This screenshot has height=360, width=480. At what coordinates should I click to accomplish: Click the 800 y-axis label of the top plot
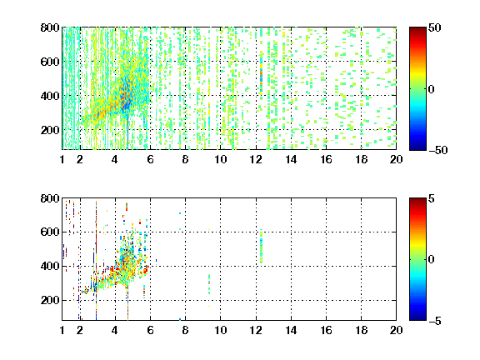point(50,27)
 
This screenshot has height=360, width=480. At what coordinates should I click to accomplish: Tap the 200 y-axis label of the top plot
point(50,130)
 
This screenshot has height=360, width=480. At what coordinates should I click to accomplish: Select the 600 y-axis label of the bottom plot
point(50,232)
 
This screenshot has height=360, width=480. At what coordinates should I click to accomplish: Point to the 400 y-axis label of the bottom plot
point(50,266)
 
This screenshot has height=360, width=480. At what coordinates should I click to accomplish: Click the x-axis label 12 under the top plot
point(256,159)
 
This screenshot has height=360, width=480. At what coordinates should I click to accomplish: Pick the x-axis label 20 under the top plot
point(396,159)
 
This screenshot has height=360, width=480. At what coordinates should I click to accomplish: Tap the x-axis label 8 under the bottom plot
point(185,330)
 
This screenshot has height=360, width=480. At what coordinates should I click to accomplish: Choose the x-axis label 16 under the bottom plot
point(326,330)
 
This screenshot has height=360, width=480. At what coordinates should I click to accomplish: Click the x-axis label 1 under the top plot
point(62,159)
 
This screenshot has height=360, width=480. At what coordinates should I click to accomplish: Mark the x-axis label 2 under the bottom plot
point(80,330)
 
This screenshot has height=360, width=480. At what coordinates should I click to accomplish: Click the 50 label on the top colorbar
point(434,27)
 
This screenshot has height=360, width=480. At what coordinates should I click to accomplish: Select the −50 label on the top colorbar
point(438,150)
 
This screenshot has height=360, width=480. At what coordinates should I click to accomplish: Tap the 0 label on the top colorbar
point(431,89)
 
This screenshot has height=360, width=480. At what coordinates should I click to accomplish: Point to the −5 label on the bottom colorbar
point(435,321)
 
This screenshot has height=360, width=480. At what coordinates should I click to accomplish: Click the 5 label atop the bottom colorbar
point(432,198)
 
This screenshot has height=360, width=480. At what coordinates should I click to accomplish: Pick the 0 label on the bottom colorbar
point(431,260)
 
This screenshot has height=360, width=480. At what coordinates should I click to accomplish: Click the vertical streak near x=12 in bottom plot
point(261,246)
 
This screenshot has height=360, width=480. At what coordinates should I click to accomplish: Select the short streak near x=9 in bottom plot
point(209,284)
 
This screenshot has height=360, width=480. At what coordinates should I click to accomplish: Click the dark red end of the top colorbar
point(417,30)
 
